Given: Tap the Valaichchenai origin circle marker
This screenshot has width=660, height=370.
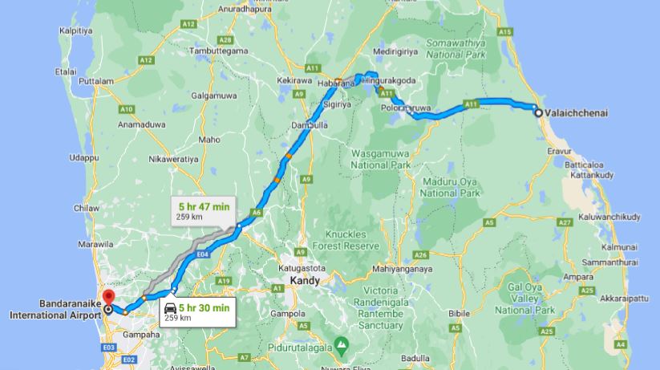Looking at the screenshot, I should pyautogui.click(x=538, y=113).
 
